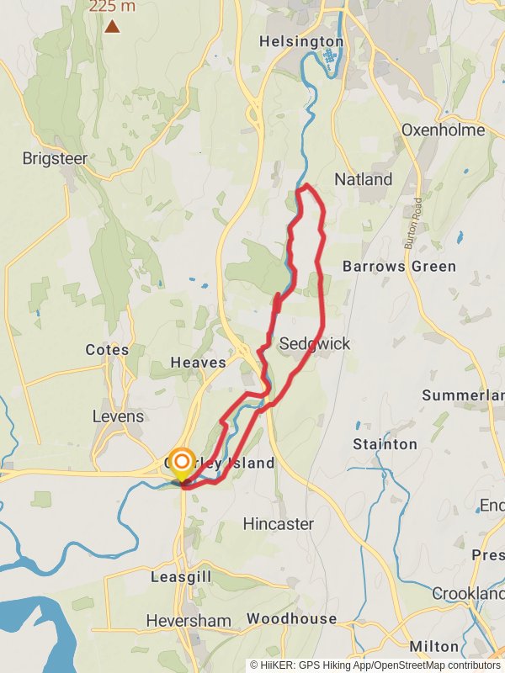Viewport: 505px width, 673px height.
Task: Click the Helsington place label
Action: pos(301,41)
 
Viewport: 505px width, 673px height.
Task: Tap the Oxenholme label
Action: pos(443,130)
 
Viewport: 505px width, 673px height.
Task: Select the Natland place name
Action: pos(363,179)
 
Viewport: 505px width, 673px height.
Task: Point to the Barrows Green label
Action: pos(399,267)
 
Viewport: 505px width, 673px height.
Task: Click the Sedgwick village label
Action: pos(314,344)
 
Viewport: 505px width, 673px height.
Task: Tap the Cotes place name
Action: pos(107,350)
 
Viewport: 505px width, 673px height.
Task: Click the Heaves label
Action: pos(199,363)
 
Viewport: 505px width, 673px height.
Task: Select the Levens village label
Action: pos(119,416)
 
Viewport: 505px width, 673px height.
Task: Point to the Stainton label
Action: pos(385,443)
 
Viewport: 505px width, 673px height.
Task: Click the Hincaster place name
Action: pos(278,524)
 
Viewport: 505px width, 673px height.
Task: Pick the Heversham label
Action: pos(189,620)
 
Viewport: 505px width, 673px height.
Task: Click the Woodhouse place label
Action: pos(291,619)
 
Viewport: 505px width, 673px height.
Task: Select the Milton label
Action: pos(433,647)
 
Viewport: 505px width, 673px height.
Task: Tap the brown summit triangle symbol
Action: pos(112,26)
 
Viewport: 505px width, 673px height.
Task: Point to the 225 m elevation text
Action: pos(111,7)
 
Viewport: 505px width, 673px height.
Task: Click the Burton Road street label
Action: pos(415,222)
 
